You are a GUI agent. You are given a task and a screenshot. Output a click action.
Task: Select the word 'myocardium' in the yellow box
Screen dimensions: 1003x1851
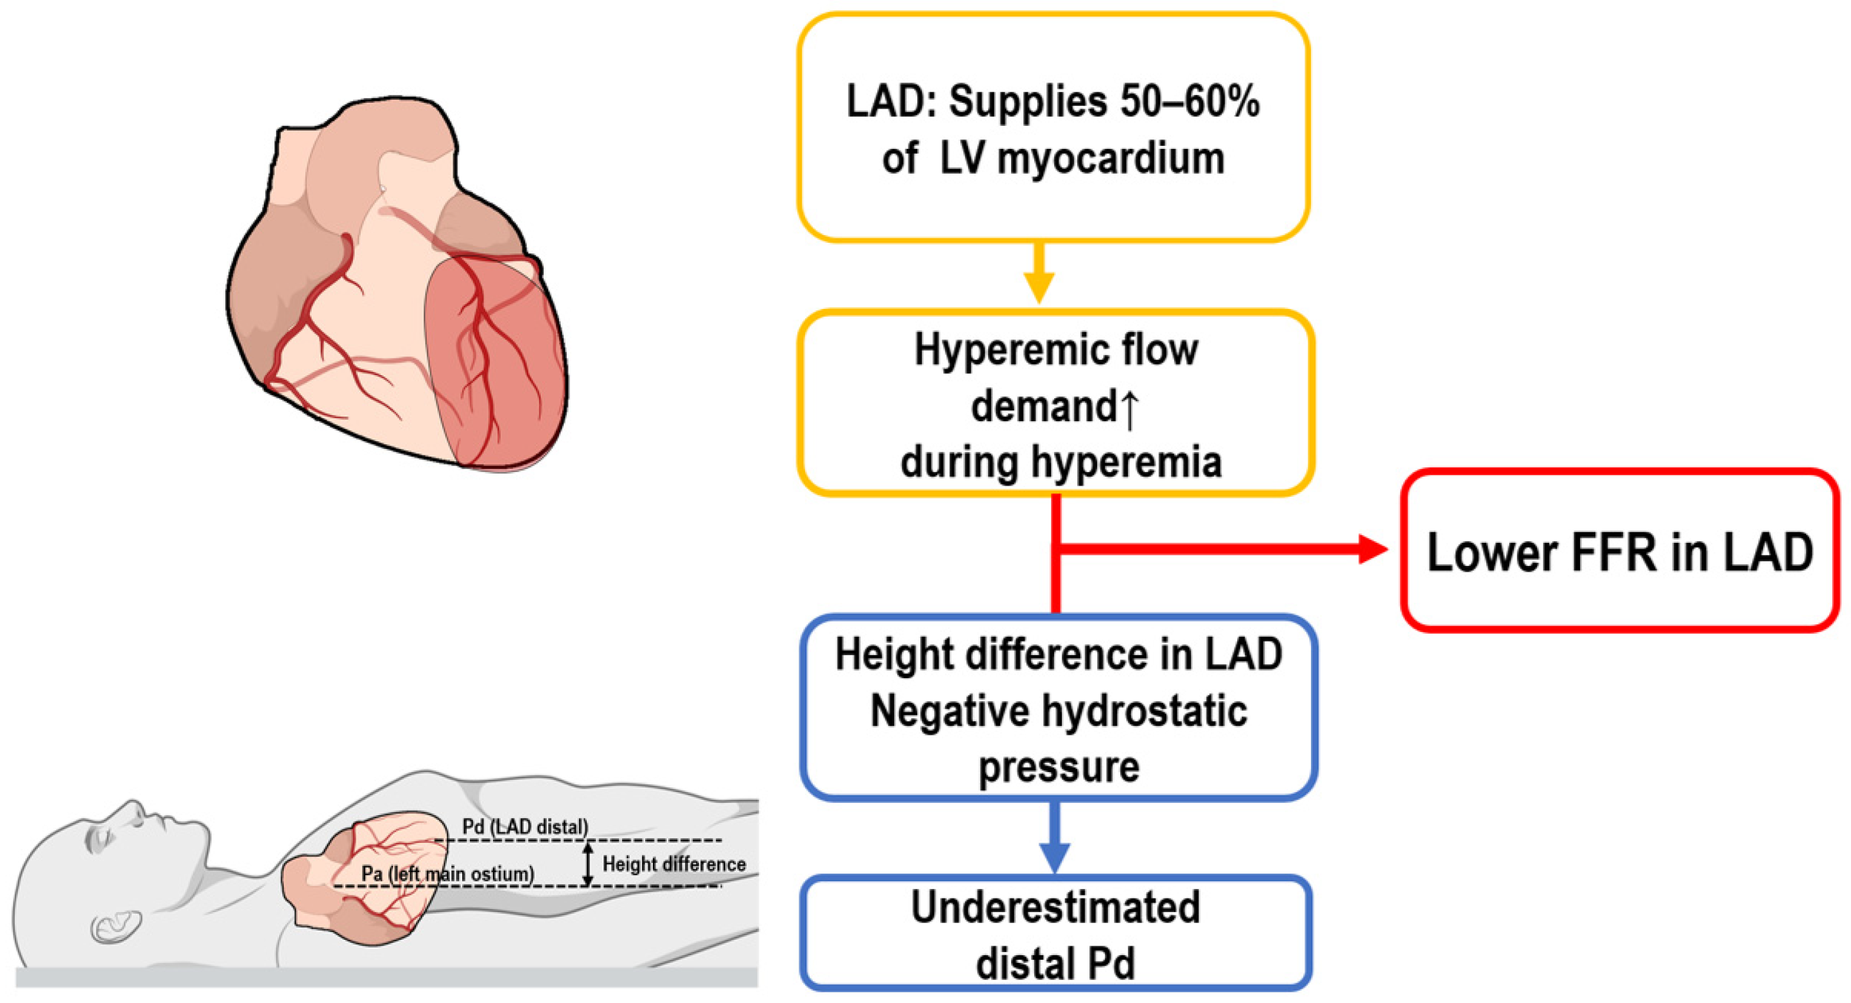(x=1111, y=159)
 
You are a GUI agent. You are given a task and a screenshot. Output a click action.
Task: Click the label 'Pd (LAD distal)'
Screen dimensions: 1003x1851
(x=525, y=827)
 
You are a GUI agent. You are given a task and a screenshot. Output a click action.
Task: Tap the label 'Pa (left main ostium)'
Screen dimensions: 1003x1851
(x=447, y=874)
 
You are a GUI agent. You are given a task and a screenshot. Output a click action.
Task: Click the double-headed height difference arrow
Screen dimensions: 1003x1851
(x=588, y=864)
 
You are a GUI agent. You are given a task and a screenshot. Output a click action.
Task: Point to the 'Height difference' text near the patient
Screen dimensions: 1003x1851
(x=673, y=864)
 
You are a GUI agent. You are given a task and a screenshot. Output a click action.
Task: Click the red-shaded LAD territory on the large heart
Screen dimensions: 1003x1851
(x=496, y=367)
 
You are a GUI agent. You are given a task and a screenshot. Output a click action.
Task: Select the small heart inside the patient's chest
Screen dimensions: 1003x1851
(x=367, y=877)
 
